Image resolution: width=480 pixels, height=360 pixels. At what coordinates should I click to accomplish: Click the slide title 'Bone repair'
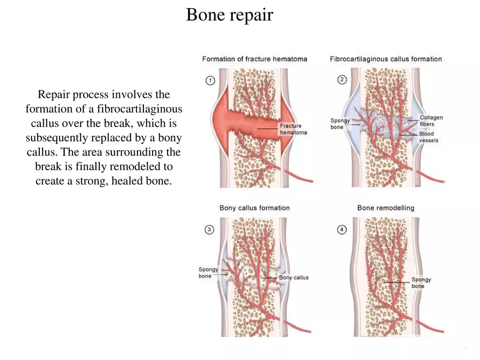[x=229, y=15]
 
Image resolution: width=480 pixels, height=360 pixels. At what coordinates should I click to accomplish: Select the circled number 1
[x=209, y=80]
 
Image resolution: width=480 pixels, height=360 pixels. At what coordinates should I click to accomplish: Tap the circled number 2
[x=342, y=80]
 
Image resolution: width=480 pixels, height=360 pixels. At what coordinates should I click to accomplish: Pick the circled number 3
[x=209, y=230]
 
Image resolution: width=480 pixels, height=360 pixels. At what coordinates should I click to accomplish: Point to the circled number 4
[x=342, y=230]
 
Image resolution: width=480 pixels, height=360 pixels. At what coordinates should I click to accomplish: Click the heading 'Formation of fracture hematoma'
[x=254, y=59]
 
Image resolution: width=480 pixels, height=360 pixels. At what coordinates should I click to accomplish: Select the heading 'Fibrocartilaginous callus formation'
[x=386, y=59]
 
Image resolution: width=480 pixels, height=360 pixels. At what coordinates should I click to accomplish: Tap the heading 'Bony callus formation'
[x=254, y=208]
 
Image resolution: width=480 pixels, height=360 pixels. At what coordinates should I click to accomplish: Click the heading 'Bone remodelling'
[x=386, y=208]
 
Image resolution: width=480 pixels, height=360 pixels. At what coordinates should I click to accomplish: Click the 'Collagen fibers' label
[x=431, y=121]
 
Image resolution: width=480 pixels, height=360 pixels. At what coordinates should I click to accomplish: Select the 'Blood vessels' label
[x=428, y=137]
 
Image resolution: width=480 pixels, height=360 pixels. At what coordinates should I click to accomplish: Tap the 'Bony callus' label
[x=293, y=278]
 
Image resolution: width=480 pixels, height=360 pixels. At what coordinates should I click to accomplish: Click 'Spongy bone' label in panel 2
[x=340, y=124]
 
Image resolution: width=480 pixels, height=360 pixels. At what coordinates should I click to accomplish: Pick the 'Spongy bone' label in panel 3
[x=208, y=273]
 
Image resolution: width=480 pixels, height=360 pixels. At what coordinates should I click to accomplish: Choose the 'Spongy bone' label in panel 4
[x=421, y=283]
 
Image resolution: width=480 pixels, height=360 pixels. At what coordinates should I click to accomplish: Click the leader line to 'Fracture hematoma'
[x=267, y=128]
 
